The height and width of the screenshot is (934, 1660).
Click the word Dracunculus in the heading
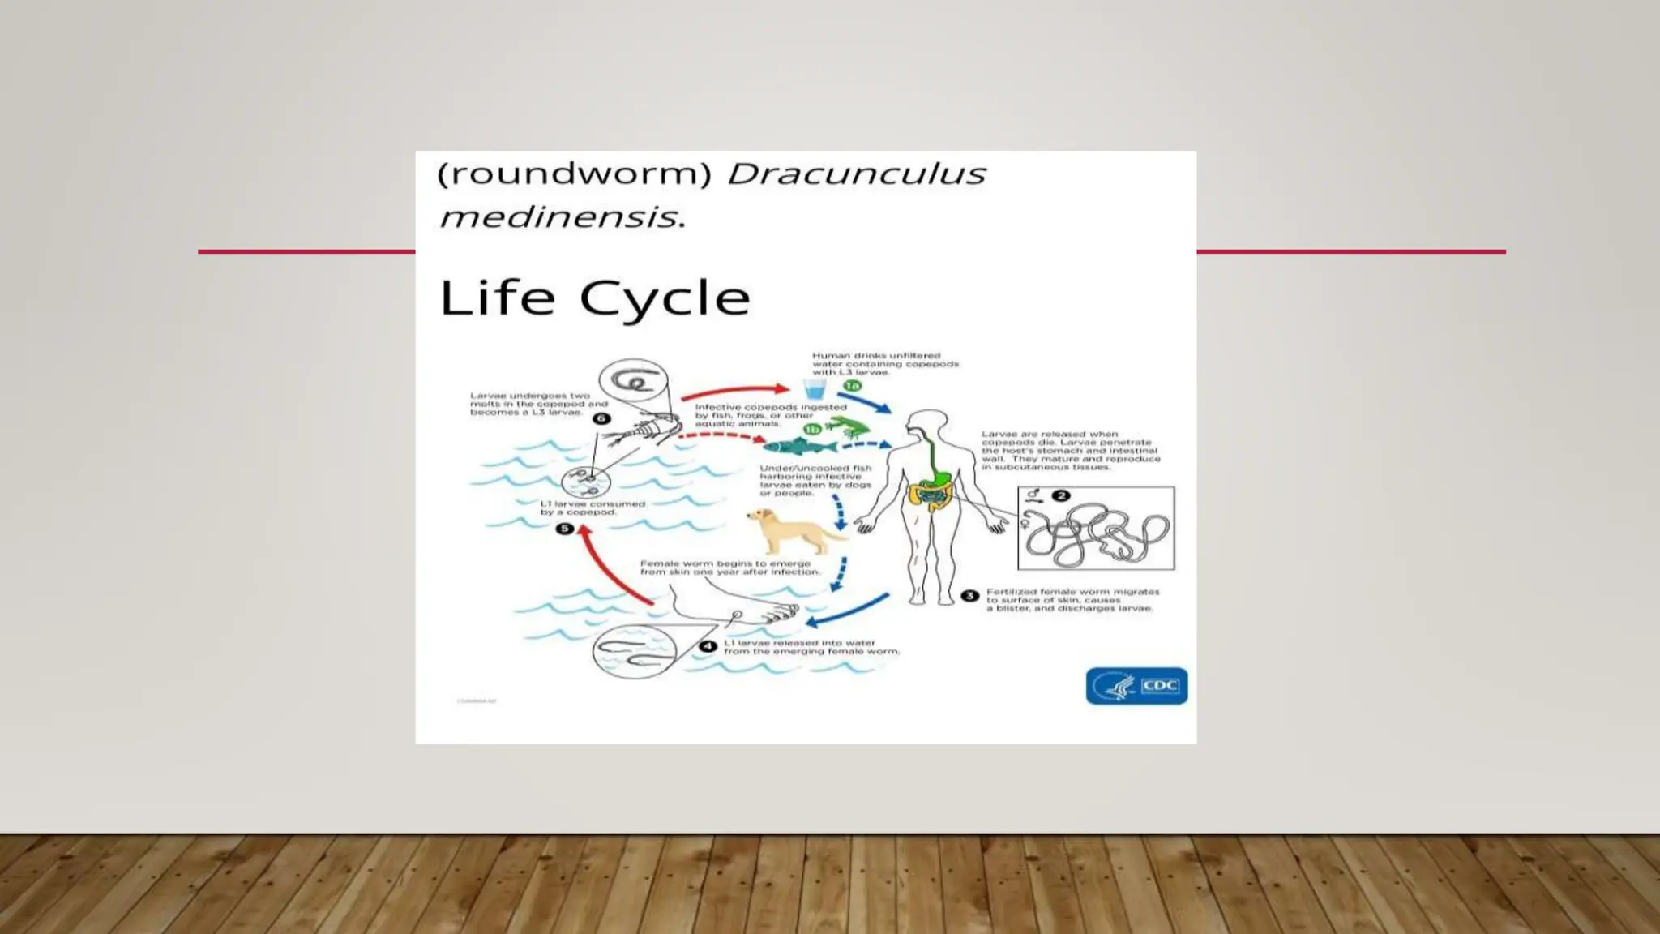pos(856,174)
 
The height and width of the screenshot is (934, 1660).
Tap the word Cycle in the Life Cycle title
pos(665,298)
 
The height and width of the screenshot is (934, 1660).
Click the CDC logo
pos(1136,686)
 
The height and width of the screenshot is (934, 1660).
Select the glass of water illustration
pos(815,389)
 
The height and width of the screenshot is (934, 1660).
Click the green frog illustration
pos(847,426)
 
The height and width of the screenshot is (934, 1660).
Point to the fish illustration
pos(799,447)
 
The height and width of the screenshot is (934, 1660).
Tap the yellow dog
pos(792,530)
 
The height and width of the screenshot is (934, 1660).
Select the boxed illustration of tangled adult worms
pos(1096,529)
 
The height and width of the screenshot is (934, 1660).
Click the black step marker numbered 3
pos(969,596)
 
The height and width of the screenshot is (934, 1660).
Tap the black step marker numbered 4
pos(708,646)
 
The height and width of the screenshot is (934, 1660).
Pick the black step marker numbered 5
pos(564,529)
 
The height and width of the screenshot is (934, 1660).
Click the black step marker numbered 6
pos(601,418)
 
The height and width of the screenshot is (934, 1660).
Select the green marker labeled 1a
pos(852,386)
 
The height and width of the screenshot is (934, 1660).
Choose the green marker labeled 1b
pos(812,429)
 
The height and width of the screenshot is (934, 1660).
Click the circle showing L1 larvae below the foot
pos(634,650)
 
